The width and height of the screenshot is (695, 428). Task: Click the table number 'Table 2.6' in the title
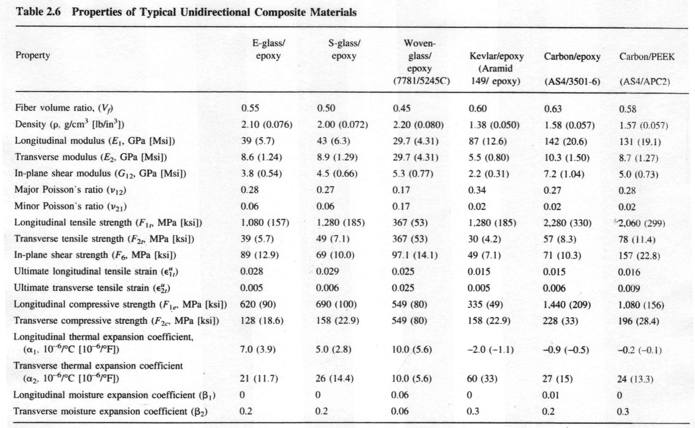click(38, 12)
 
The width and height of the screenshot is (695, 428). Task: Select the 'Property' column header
click(32, 55)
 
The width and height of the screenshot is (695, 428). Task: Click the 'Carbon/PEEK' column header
click(647, 57)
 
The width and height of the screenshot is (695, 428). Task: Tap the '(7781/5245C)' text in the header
click(421, 81)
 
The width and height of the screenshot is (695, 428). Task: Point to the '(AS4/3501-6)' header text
click(572, 82)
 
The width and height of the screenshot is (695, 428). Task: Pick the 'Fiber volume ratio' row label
click(64, 108)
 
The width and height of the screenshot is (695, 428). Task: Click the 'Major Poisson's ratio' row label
click(70, 190)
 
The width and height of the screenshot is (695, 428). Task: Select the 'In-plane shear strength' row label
click(95, 255)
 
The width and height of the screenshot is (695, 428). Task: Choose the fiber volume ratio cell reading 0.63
click(553, 109)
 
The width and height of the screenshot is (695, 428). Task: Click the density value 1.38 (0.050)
click(494, 125)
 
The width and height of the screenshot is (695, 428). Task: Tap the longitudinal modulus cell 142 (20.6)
click(565, 142)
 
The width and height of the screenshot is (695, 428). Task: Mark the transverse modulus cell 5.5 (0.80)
click(489, 158)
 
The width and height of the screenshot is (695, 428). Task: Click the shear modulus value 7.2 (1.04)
click(564, 174)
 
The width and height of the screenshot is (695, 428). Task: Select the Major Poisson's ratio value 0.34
click(477, 190)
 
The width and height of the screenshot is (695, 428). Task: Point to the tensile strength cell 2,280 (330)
click(567, 223)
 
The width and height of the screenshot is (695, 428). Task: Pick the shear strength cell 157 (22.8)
click(639, 256)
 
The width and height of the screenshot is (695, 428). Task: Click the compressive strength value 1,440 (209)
click(567, 305)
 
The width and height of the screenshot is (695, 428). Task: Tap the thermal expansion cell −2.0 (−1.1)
click(490, 350)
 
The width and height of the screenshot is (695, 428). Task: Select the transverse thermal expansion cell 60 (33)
click(482, 379)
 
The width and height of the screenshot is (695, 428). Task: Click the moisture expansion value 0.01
click(550, 395)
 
